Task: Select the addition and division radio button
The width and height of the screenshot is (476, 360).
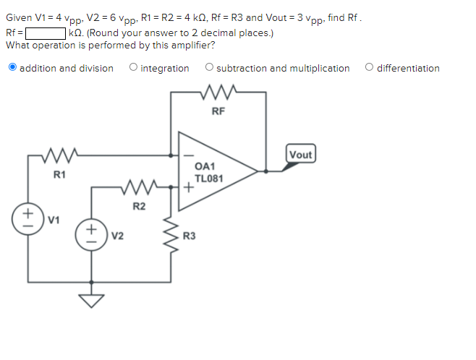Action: tap(12, 68)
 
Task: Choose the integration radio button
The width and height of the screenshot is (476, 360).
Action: tap(133, 68)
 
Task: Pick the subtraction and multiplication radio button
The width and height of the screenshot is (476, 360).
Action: tap(209, 68)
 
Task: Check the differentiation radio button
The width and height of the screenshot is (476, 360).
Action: tap(370, 68)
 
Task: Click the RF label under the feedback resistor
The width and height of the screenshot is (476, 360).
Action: tap(218, 111)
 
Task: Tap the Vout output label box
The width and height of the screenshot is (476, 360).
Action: tap(300, 154)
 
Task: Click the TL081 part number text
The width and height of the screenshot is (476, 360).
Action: tap(208, 178)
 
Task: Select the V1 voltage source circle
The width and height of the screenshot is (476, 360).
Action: tap(30, 215)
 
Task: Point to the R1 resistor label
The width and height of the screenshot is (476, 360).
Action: tap(59, 174)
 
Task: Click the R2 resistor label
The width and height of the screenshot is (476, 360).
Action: tap(139, 207)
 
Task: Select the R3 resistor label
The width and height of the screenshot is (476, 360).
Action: tap(189, 236)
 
